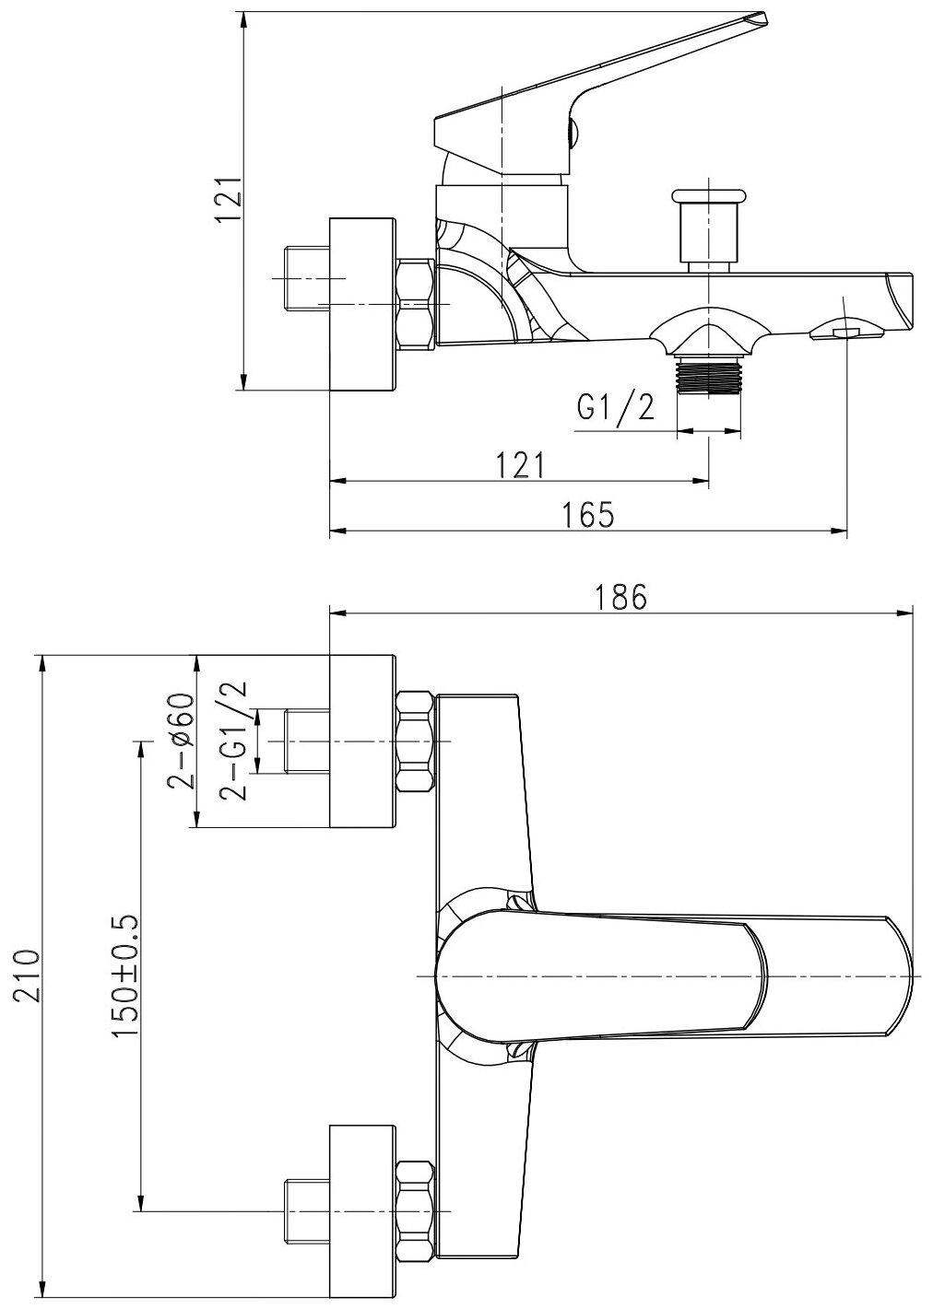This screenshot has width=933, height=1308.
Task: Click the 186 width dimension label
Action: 620,597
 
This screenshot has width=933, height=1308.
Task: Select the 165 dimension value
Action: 588,515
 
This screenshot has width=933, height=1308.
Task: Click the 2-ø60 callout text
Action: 182,742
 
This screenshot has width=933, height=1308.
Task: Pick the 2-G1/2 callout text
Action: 232,741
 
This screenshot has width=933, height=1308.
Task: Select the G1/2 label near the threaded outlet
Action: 615,407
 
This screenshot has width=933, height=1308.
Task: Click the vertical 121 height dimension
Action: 230,200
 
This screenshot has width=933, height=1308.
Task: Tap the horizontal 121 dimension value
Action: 521,465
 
